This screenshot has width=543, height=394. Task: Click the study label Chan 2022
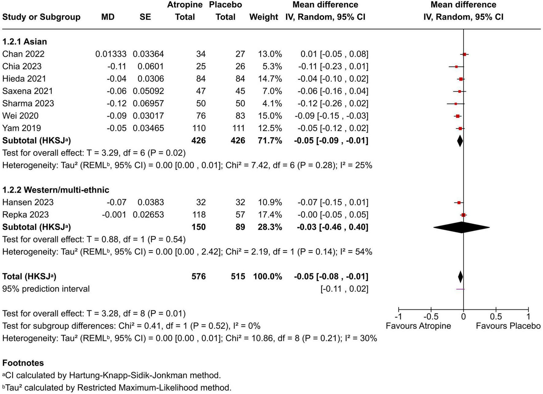point(23,54)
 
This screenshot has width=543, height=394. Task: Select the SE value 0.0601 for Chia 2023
point(150,66)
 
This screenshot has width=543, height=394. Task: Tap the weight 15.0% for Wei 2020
point(270,116)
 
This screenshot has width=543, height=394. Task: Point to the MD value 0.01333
point(111,54)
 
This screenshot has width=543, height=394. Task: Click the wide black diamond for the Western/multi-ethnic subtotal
point(461,227)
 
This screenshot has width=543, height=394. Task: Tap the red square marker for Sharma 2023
point(456,104)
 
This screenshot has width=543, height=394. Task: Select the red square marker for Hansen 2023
point(459,203)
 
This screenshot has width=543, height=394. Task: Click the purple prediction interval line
point(460,289)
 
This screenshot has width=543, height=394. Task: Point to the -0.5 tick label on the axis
point(431,316)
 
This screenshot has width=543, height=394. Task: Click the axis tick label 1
point(528,316)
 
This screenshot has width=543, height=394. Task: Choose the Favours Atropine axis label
point(418,326)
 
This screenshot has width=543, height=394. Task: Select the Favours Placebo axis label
point(508,326)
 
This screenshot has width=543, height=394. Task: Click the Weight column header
point(264,17)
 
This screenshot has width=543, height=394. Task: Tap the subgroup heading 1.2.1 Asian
point(25,42)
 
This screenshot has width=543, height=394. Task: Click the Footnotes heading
point(23,363)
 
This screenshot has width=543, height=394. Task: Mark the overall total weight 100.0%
point(268,276)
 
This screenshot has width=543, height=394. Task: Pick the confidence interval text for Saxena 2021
point(333,91)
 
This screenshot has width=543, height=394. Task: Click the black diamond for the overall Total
point(460,277)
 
